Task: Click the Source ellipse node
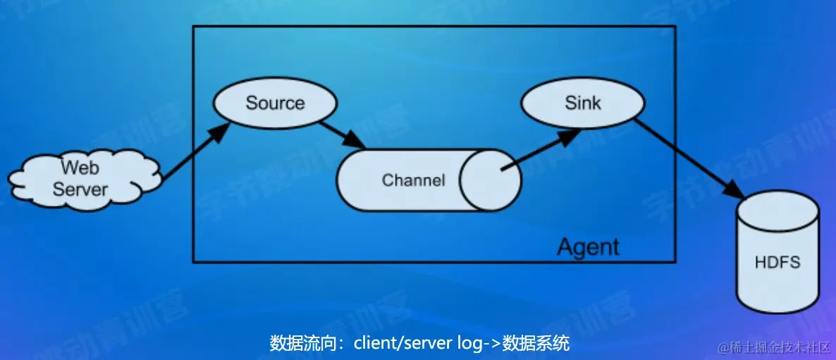pos(274,103)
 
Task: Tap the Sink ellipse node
pos(582,103)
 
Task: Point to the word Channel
pos(413,180)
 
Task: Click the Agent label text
pos(588,247)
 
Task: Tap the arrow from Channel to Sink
pos(539,151)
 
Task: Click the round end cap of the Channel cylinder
pos(491,180)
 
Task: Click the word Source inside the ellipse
pos(274,103)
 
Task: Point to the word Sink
pos(582,103)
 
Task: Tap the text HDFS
pos(777,263)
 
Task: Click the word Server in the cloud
pos(80,189)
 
